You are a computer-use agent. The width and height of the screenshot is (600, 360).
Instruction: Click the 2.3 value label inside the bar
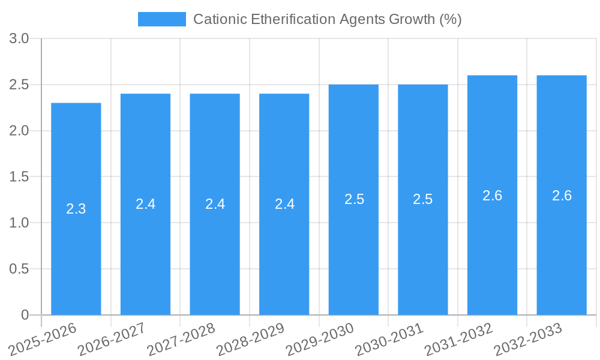click(76, 209)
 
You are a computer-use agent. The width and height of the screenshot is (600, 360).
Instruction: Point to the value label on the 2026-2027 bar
click(146, 204)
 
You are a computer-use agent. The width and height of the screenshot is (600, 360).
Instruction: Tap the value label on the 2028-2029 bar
click(284, 204)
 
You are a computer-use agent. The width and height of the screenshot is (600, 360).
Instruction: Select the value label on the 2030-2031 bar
click(423, 199)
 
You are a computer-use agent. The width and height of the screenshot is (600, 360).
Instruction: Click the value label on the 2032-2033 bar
click(562, 196)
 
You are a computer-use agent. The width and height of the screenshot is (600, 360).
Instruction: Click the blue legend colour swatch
click(162, 19)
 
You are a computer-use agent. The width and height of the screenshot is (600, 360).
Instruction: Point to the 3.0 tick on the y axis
click(19, 39)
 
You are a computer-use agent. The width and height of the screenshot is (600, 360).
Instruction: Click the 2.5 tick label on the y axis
click(19, 85)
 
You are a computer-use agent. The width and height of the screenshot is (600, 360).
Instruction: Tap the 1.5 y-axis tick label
click(19, 177)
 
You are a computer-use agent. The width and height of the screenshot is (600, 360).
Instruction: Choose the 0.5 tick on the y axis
click(19, 269)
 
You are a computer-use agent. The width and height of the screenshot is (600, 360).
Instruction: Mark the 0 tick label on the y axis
click(25, 315)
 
